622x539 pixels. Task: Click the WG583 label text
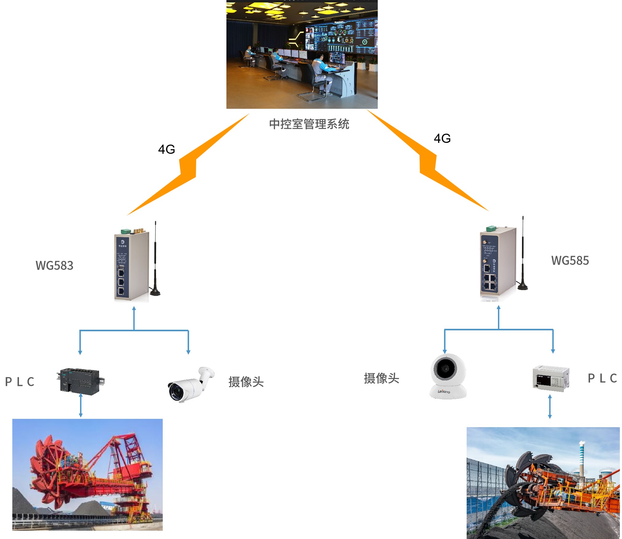point(54,266)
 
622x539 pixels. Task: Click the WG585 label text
point(570,261)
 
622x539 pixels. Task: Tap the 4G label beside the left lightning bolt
point(166,149)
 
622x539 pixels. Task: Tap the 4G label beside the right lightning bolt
point(442,139)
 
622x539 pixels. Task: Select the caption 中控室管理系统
point(309,124)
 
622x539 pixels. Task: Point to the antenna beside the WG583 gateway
point(155,261)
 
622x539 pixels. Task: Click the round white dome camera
point(448,376)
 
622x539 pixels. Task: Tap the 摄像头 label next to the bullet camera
point(246,382)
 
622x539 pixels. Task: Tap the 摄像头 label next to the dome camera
point(381,378)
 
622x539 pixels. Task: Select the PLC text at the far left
point(20,382)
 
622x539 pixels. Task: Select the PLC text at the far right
point(602,378)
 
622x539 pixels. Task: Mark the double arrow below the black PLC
point(81,406)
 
